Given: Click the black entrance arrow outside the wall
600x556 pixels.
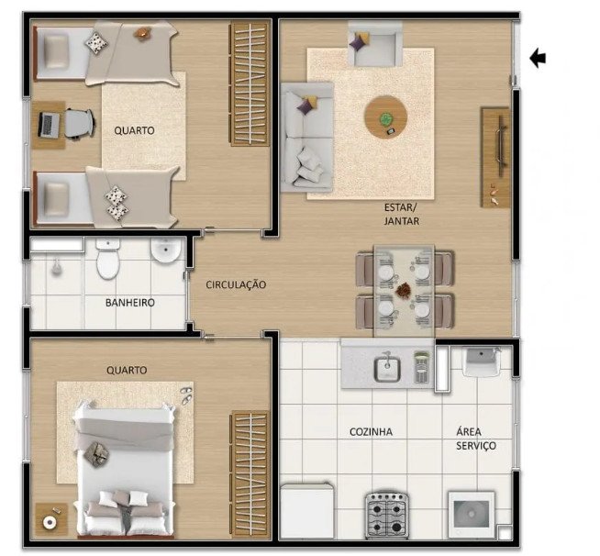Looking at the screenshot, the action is click(x=538, y=58).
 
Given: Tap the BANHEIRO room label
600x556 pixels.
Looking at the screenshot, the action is click(x=130, y=303).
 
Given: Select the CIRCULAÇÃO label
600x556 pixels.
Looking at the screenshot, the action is click(x=236, y=284).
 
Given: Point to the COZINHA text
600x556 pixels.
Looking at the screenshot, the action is click(x=371, y=432).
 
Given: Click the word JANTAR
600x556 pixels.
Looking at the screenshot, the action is click(x=402, y=221).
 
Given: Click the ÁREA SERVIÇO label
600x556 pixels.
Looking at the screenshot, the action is click(x=476, y=439).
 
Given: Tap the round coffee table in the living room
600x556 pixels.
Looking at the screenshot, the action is click(x=385, y=117).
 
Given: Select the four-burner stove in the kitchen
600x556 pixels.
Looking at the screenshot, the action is click(x=386, y=516).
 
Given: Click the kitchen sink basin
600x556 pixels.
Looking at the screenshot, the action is click(x=387, y=369).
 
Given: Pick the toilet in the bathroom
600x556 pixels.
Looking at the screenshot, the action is click(x=108, y=259).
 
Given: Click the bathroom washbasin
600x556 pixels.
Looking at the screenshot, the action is click(x=166, y=250).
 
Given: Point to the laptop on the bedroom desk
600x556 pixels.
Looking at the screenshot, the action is click(x=49, y=125).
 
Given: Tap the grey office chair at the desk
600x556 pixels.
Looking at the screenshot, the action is click(x=79, y=123).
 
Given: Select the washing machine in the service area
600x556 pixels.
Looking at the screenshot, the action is click(x=472, y=515).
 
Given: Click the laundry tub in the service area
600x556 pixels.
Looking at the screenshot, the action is click(x=482, y=361).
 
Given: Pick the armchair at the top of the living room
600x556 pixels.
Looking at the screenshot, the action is click(x=374, y=43).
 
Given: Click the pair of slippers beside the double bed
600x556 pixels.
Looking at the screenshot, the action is click(x=186, y=395).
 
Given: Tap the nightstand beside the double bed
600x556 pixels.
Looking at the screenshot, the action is click(x=51, y=519).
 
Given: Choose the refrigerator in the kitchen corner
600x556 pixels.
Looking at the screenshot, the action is click(x=307, y=511).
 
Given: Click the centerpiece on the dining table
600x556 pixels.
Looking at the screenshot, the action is click(x=403, y=290).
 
